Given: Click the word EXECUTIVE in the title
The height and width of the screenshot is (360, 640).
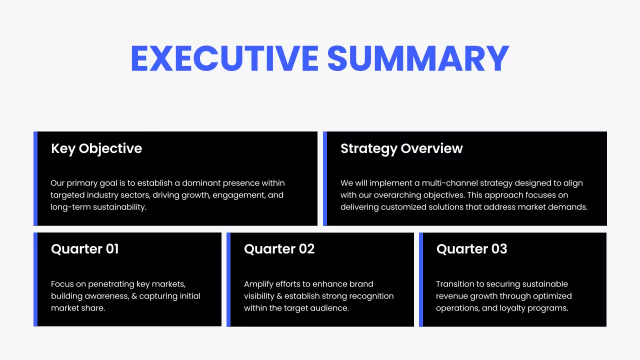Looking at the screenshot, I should (224, 59).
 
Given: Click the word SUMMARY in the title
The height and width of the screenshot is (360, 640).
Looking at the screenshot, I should (418, 59).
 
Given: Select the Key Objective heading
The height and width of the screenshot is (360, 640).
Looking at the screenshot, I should (96, 148).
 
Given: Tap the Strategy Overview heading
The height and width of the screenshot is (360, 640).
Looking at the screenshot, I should (401, 148).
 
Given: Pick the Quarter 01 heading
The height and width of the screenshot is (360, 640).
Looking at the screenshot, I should (85, 249).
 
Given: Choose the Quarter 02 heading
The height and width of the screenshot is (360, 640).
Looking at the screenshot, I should (279, 249).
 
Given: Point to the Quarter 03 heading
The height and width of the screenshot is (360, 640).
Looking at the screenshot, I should (471, 249).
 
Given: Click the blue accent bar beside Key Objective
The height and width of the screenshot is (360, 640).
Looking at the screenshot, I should (35, 178).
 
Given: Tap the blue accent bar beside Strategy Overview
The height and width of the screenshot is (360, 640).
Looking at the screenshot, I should (325, 178).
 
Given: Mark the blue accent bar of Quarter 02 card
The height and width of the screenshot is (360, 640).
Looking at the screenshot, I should (228, 279).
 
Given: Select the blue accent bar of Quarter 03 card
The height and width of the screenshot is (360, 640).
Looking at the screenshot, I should (421, 279).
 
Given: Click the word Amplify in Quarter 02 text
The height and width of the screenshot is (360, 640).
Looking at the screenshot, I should (258, 284).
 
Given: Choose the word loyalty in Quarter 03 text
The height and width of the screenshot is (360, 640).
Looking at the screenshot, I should (515, 308).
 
